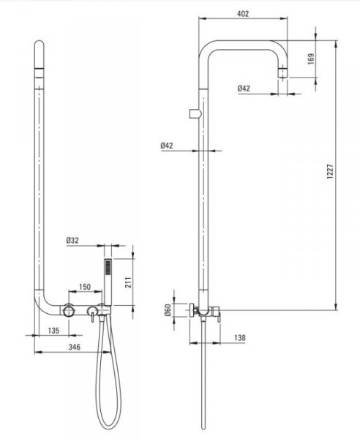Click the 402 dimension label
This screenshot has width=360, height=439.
pyautogui.click(x=243, y=14)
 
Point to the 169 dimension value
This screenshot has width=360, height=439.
pyautogui.click(x=311, y=59)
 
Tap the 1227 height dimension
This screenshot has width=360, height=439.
pyautogui.click(x=330, y=171)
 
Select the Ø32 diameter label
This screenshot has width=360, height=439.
pyautogui.click(x=72, y=240)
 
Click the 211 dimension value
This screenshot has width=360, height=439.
pyautogui.click(x=128, y=282)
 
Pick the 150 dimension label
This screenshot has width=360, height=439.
pyautogui.click(x=85, y=287)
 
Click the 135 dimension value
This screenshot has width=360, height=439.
pyautogui.click(x=53, y=331)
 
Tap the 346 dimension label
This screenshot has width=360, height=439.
pyautogui.click(x=75, y=347)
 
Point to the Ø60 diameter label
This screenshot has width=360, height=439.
pyautogui.click(x=167, y=310)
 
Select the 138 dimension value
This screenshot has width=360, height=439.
pyautogui.click(x=240, y=338)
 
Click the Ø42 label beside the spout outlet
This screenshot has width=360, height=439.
pyautogui.click(x=244, y=89)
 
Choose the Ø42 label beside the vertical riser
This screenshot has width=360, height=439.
pyautogui.click(x=167, y=146)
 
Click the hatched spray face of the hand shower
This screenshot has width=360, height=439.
pyautogui.click(x=108, y=267)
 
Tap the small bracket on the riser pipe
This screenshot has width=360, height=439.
pyautogui.click(x=195, y=113)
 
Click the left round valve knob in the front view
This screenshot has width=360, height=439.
pyautogui.click(x=69, y=311)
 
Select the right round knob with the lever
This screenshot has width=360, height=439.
pyautogui.click(x=92, y=311)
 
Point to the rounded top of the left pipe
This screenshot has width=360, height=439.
pyautogui.click(x=40, y=43)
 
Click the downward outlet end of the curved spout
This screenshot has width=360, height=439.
pyautogui.click(x=283, y=72)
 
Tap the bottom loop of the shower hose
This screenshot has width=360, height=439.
pyautogui.click(x=108, y=427)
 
